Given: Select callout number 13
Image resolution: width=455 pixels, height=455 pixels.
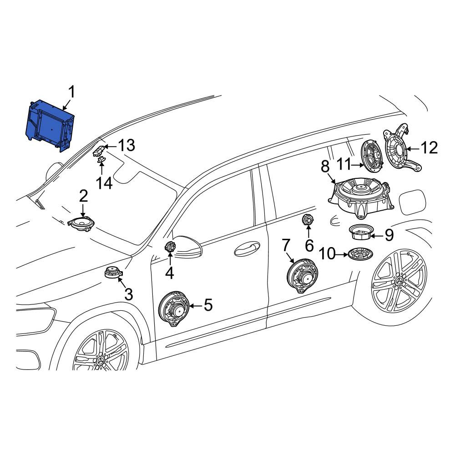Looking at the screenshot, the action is [x=126, y=145].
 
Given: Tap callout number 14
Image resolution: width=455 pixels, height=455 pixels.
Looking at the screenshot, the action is [x=104, y=183].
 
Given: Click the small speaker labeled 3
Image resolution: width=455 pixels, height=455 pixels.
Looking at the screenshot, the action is [x=113, y=273].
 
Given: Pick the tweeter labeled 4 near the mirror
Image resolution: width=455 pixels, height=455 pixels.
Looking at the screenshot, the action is [x=170, y=247].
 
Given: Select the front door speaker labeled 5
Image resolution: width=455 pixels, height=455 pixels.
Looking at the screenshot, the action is [x=174, y=309].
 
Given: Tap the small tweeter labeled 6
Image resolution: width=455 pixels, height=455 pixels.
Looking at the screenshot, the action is [x=308, y=220].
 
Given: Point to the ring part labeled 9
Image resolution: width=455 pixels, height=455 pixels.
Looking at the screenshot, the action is [x=360, y=232].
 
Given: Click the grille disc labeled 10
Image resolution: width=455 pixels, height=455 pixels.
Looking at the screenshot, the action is [x=360, y=254].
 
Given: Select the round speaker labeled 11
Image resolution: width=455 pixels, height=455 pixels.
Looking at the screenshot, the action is [x=372, y=156].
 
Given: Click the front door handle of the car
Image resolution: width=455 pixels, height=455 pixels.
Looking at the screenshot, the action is [x=247, y=248].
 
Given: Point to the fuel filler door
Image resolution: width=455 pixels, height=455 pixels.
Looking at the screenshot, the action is [x=413, y=202].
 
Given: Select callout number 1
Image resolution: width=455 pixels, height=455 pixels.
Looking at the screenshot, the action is [x=71, y=92].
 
